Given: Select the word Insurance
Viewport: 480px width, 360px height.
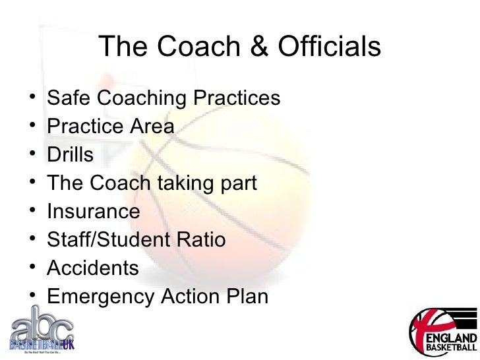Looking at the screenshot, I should coord(94,212).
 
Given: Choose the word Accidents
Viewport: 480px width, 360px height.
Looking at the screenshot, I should coord(93,268).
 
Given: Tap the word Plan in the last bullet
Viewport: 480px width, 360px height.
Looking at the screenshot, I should coord(247,297).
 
